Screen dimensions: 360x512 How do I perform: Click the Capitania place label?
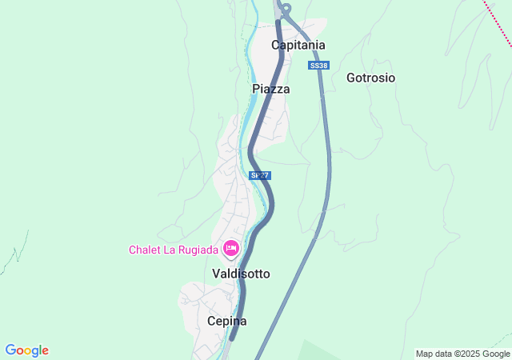(x=298, y=45)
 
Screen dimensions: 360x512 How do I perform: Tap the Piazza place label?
(x=270, y=89)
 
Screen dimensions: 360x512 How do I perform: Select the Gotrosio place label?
(x=370, y=78)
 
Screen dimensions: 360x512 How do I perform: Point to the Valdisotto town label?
(x=241, y=274)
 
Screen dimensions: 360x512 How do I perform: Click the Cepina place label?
(x=226, y=321)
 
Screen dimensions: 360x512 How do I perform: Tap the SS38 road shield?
(x=318, y=65)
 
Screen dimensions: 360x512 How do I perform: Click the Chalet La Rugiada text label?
(x=174, y=250)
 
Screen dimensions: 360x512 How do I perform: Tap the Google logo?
(x=26, y=350)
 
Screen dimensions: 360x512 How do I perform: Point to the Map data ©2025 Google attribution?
(x=462, y=354)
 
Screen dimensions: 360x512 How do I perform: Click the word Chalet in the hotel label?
(x=146, y=250)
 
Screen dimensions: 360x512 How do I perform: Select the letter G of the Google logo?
(x=10, y=350)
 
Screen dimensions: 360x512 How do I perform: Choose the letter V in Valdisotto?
(x=216, y=274)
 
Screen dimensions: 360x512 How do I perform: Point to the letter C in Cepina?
(x=211, y=321)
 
